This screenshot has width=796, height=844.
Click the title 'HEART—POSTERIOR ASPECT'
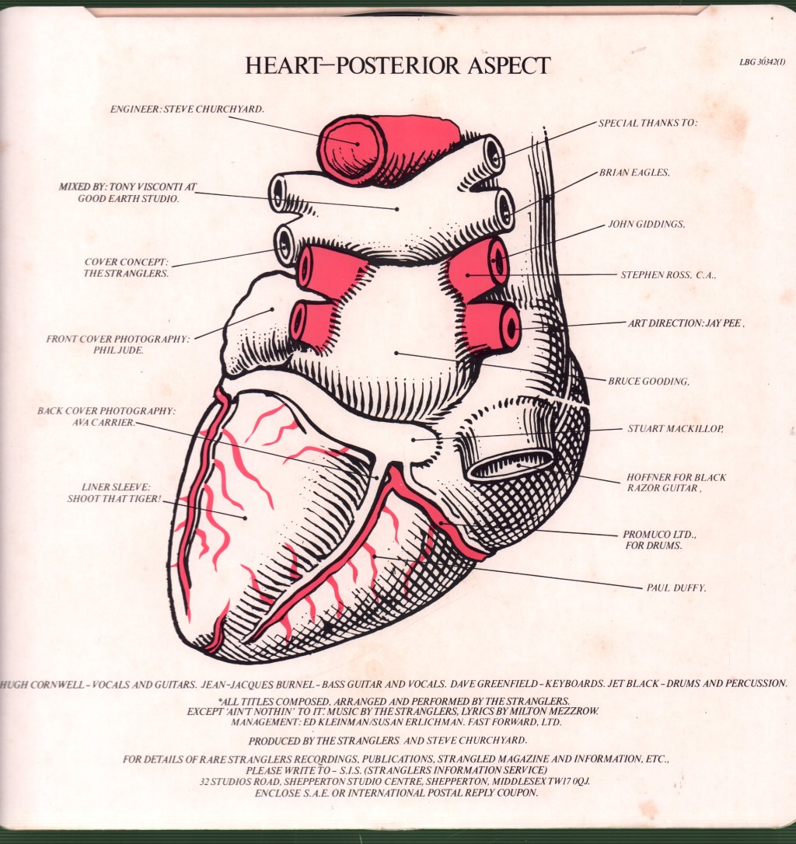(x=397, y=65)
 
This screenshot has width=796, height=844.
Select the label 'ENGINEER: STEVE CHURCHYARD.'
(x=187, y=109)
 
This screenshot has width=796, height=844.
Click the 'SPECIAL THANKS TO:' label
(x=648, y=123)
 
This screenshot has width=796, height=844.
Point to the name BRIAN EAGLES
(x=634, y=173)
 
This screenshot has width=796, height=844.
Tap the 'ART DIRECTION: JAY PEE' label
(x=686, y=323)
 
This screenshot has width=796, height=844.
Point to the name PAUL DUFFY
(x=676, y=588)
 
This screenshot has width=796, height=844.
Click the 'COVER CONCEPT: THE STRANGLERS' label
(x=126, y=267)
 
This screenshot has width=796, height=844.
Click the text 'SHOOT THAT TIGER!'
(x=114, y=498)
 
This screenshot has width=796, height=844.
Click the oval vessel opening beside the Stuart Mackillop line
(x=509, y=465)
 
